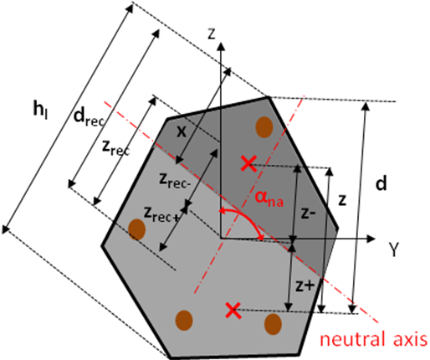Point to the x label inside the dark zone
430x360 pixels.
point(182,131)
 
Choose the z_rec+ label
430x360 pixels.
point(161,214)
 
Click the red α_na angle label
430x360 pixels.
point(269,198)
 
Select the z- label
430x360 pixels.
point(308,213)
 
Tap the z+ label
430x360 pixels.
point(305,286)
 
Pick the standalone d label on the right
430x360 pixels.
point(381,183)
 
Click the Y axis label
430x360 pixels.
point(394,249)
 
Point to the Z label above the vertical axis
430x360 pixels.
point(212,34)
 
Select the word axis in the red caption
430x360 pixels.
point(408,339)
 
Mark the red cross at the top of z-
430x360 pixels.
point(248,164)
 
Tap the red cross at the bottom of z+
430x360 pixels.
point(233,311)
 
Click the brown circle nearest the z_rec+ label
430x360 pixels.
point(136,229)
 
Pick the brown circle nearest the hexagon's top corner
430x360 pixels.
point(264,127)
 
